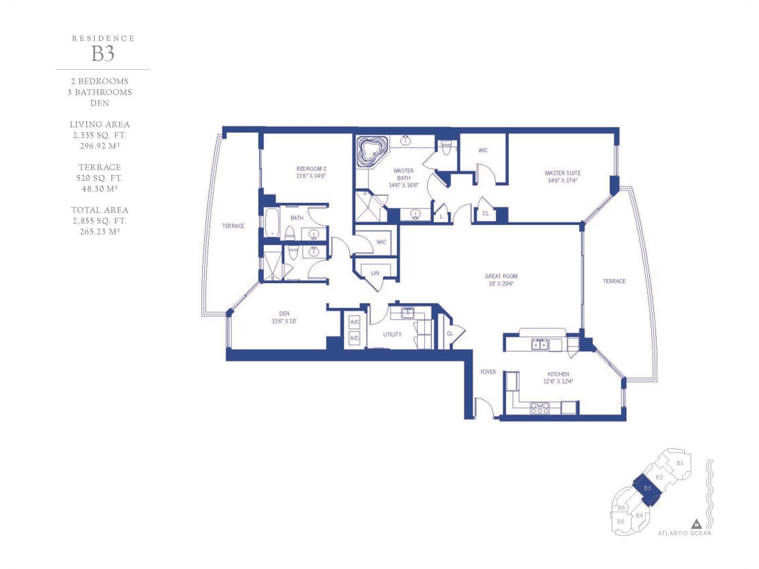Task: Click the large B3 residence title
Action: (x=102, y=54)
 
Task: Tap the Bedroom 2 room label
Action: (x=311, y=172)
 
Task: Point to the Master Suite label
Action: (x=563, y=176)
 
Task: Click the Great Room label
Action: (x=501, y=280)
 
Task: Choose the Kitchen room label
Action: (x=558, y=377)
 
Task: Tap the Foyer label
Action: (x=488, y=372)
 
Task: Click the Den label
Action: (x=284, y=317)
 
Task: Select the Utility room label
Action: (x=392, y=334)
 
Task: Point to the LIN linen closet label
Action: (x=375, y=273)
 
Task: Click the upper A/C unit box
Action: (x=354, y=322)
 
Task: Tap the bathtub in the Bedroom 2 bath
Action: (x=272, y=222)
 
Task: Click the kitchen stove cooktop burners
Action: (x=540, y=408)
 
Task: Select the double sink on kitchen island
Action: (x=539, y=345)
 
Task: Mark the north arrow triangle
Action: (x=696, y=524)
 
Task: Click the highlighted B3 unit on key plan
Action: (x=648, y=489)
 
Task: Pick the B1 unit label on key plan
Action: (x=680, y=463)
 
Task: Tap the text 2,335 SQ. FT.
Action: (x=100, y=135)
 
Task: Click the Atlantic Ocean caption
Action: (x=685, y=533)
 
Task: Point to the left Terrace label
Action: (x=233, y=226)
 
